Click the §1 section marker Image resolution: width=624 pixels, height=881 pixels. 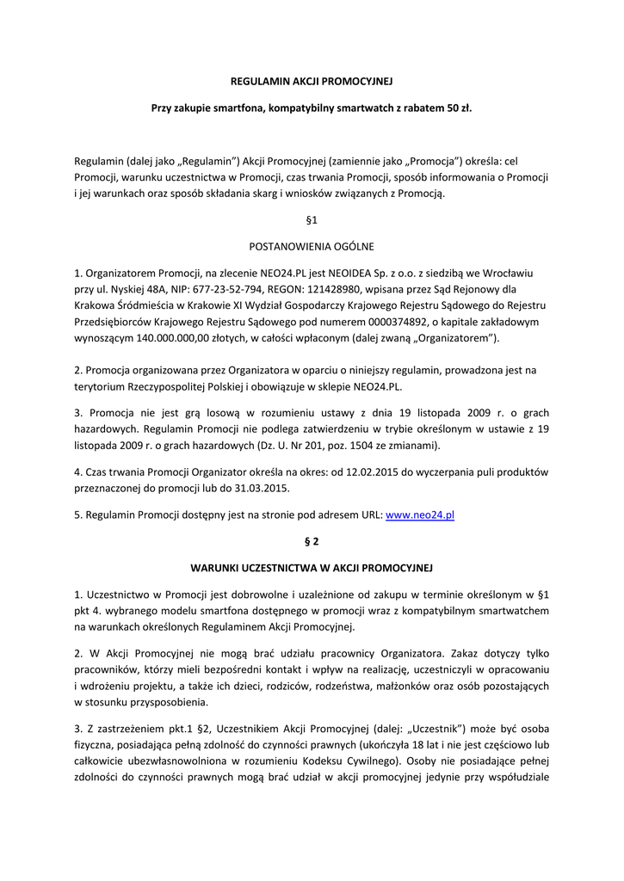tap(312, 219)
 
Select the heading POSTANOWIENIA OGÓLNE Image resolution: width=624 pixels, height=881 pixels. tap(312, 246)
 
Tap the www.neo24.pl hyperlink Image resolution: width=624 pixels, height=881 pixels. tap(419, 514)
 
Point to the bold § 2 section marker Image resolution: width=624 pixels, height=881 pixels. tap(312, 541)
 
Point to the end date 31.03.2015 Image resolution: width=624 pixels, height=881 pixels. tap(264, 488)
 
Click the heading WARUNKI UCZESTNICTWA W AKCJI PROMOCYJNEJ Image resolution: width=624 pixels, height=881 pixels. tap(312, 568)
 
